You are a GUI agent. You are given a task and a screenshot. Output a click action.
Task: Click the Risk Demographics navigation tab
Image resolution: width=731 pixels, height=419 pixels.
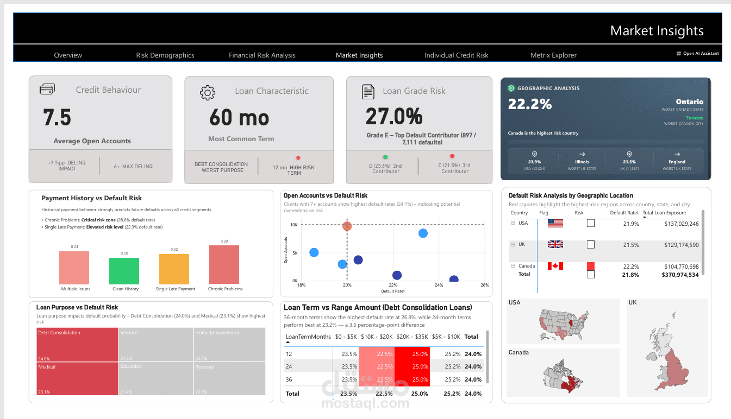tap(165, 55)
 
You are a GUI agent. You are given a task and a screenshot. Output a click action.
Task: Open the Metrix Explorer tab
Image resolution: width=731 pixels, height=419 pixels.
tap(553, 55)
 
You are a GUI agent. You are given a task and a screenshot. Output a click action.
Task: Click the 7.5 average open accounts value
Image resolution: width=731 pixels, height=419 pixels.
tap(57, 118)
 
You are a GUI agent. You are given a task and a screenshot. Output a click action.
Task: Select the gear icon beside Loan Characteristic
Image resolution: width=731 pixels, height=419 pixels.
tap(208, 92)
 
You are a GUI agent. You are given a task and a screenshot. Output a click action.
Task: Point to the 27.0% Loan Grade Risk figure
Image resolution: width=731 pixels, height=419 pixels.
tap(394, 117)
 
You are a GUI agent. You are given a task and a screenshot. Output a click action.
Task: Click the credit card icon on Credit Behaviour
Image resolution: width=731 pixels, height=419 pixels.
tap(47, 90)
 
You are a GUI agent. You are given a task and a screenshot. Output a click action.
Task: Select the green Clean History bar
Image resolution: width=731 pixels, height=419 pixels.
tap(124, 271)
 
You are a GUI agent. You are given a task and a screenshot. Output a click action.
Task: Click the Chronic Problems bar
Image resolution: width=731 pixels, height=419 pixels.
tap(224, 265)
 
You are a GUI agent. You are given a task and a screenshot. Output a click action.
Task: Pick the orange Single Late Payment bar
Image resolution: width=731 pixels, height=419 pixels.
tap(174, 269)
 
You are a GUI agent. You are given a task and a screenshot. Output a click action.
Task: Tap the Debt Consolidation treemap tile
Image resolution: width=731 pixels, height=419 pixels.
tap(77, 343)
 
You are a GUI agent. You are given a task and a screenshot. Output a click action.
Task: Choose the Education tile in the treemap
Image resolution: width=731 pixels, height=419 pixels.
tap(155, 378)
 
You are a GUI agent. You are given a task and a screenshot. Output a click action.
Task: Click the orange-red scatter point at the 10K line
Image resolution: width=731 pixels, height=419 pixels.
tap(347, 226)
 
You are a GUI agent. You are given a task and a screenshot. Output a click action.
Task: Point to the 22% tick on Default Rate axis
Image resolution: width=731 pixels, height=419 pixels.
tap(393, 285)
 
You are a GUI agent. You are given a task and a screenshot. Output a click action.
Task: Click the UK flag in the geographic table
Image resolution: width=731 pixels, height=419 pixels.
tap(555, 244)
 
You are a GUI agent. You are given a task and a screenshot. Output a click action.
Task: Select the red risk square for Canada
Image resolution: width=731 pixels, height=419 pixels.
tap(591, 266)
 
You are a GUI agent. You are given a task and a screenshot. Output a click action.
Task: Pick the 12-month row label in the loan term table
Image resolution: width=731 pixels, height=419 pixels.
tap(290, 354)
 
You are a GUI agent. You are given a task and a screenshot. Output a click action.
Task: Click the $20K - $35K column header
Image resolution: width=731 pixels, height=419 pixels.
tap(413, 337)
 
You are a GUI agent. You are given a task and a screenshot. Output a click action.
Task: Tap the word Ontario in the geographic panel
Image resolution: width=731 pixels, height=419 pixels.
tap(689, 101)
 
